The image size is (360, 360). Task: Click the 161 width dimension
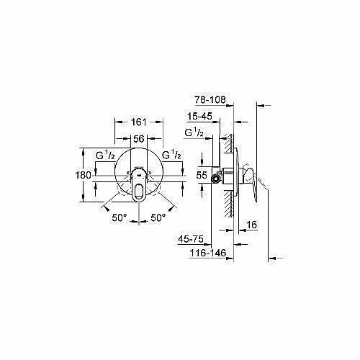(x=139, y=122)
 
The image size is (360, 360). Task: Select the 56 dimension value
(x=139, y=139)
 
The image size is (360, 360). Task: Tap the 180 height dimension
(x=84, y=175)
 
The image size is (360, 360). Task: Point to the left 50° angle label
(x=120, y=218)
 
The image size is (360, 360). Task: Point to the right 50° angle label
(x=158, y=218)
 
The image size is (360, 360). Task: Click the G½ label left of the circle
(x=105, y=156)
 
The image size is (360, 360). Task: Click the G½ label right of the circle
(x=171, y=155)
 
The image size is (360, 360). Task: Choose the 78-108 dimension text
(x=210, y=99)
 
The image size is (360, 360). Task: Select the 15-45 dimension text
(x=200, y=117)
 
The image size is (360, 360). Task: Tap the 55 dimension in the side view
(x=202, y=175)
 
